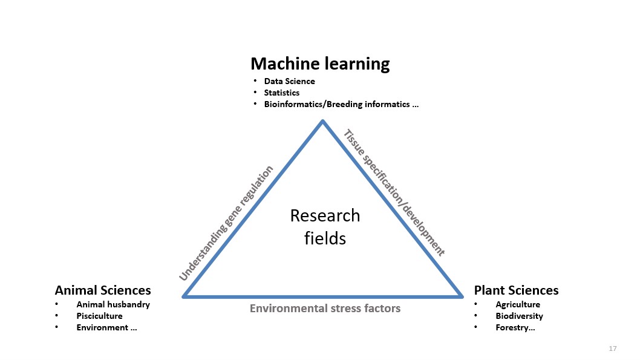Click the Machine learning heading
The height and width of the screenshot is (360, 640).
pos(320,64)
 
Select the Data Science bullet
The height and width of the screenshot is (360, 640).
pos(289,81)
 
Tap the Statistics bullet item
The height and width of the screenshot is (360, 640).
pos(282,93)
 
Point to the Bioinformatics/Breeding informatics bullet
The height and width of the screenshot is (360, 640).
pos(341,104)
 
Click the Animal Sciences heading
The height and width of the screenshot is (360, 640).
pos(103,290)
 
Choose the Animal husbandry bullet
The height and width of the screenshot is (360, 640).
pos(113,304)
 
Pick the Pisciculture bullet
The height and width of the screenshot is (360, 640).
pos(99,316)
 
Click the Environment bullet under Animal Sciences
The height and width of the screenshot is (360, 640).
pos(106,327)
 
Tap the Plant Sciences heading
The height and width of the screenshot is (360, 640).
pos(517,290)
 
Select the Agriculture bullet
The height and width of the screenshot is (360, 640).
pos(518,304)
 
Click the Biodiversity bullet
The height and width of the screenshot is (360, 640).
pos(519,316)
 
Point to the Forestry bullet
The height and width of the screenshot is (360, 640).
pos(515,327)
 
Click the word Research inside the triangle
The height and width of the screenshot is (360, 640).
pos(325,215)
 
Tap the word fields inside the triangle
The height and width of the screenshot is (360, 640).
pos(325,238)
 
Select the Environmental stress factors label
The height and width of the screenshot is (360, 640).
pos(325,308)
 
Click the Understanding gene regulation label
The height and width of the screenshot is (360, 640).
pos(226,223)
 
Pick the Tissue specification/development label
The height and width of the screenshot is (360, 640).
pos(394,192)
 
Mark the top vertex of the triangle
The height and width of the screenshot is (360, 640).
pos(322,121)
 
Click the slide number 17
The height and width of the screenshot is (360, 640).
pos(613,348)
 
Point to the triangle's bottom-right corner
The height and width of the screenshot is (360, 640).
pos(462,296)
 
